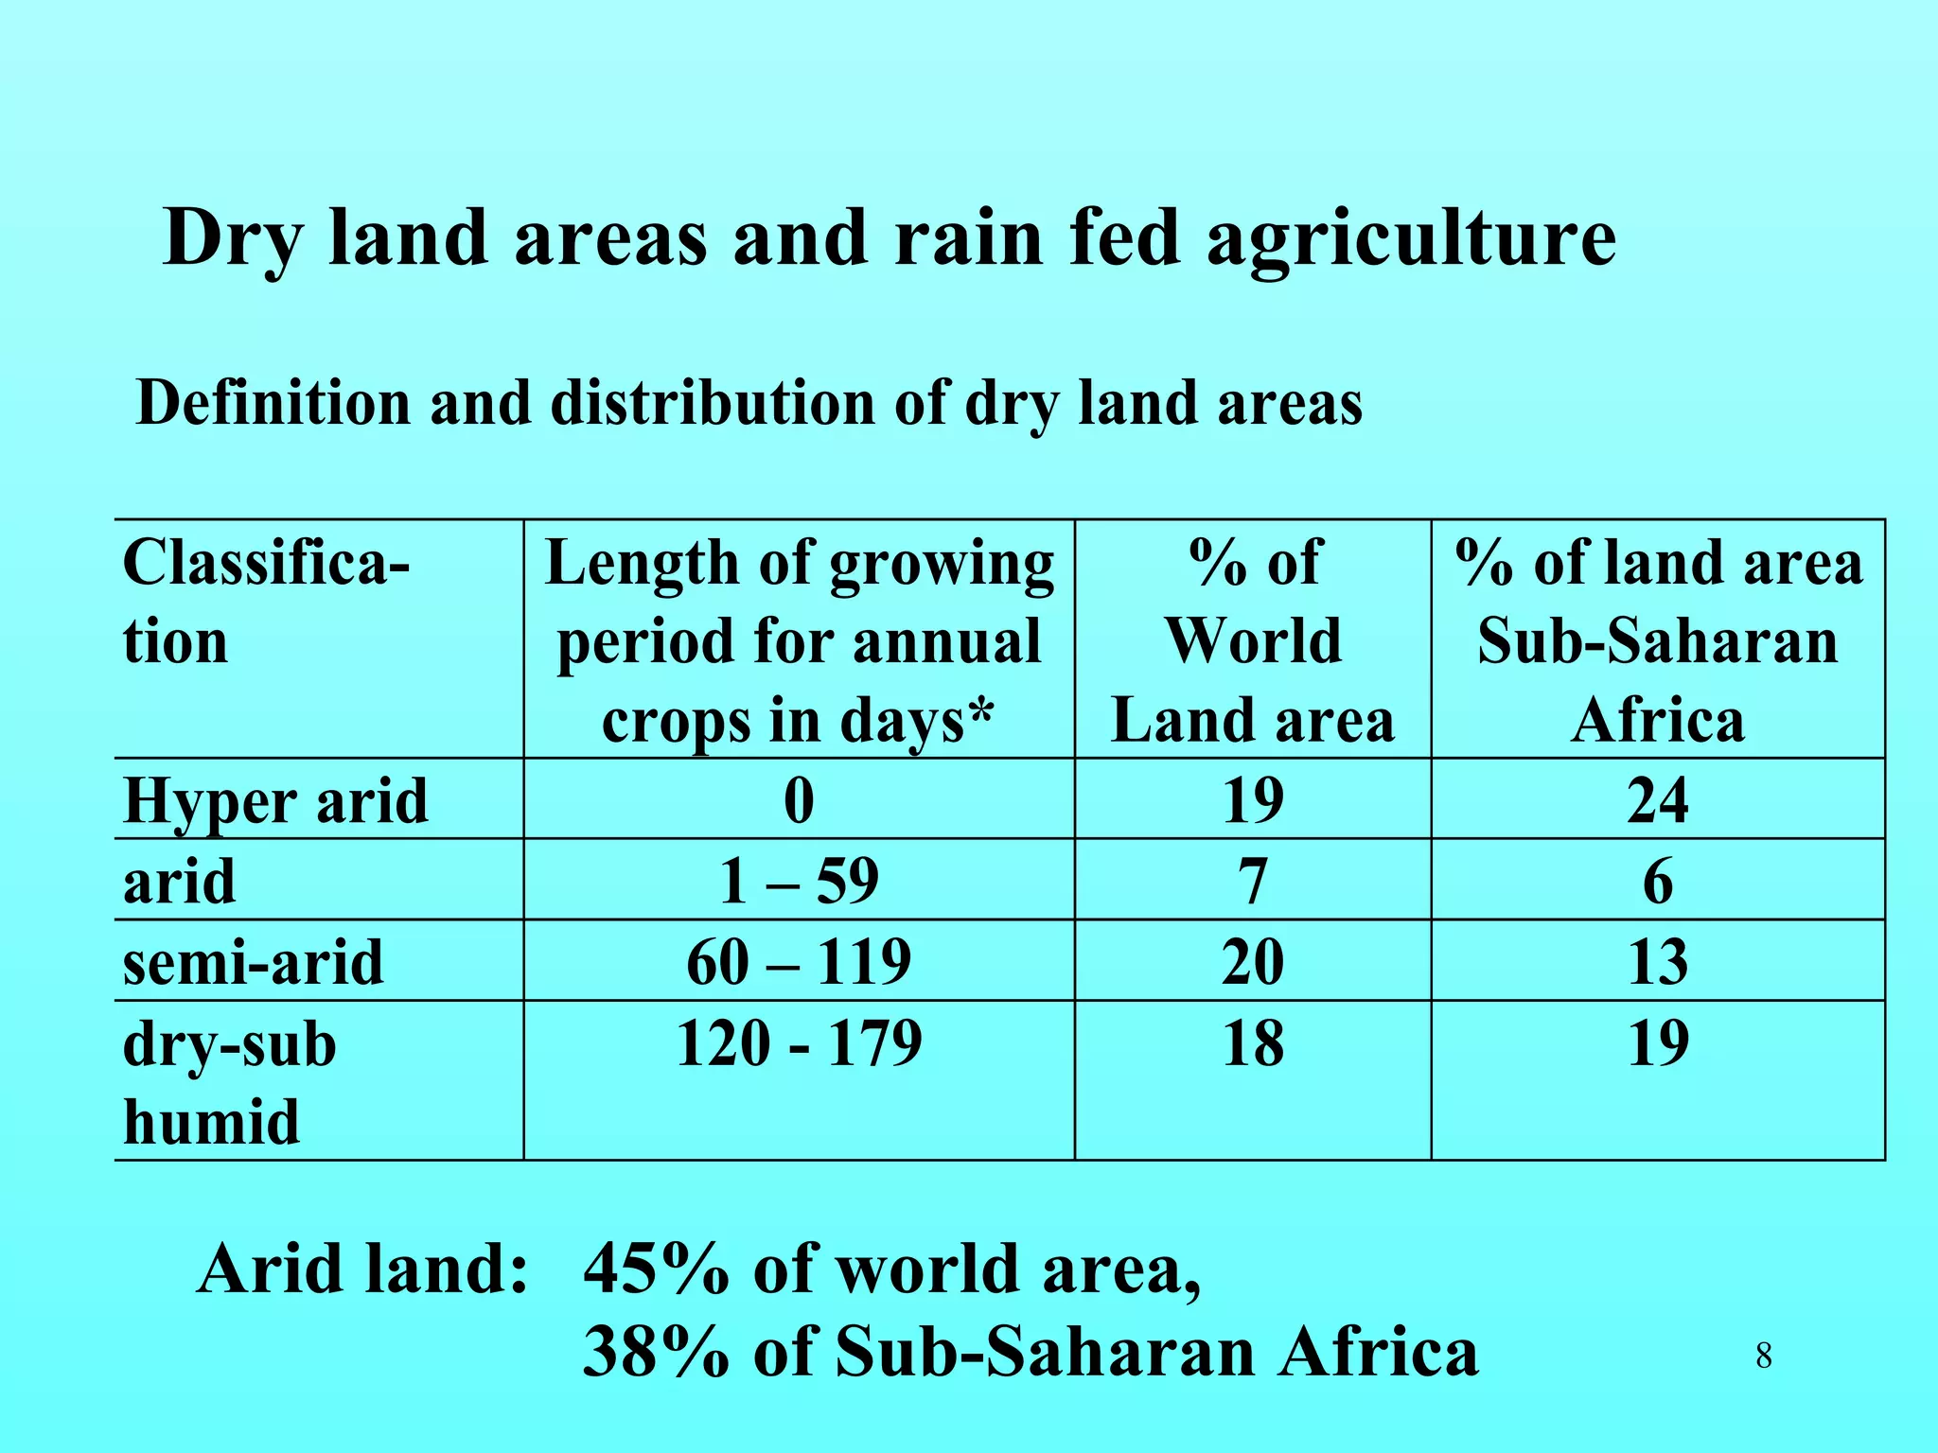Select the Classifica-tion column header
[267, 602]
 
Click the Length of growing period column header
[799, 640]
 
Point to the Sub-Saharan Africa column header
[1658, 640]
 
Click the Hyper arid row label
[275, 801]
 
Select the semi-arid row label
[254, 962]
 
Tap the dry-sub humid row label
[230, 1083]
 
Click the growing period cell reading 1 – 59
[799, 881]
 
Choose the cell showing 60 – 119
[799, 962]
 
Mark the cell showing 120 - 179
[799, 1043]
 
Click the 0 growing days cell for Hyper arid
[799, 801]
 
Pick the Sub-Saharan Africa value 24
[1658, 801]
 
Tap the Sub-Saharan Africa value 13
[1658, 962]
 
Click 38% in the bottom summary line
[656, 1352]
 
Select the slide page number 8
[1764, 1357]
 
